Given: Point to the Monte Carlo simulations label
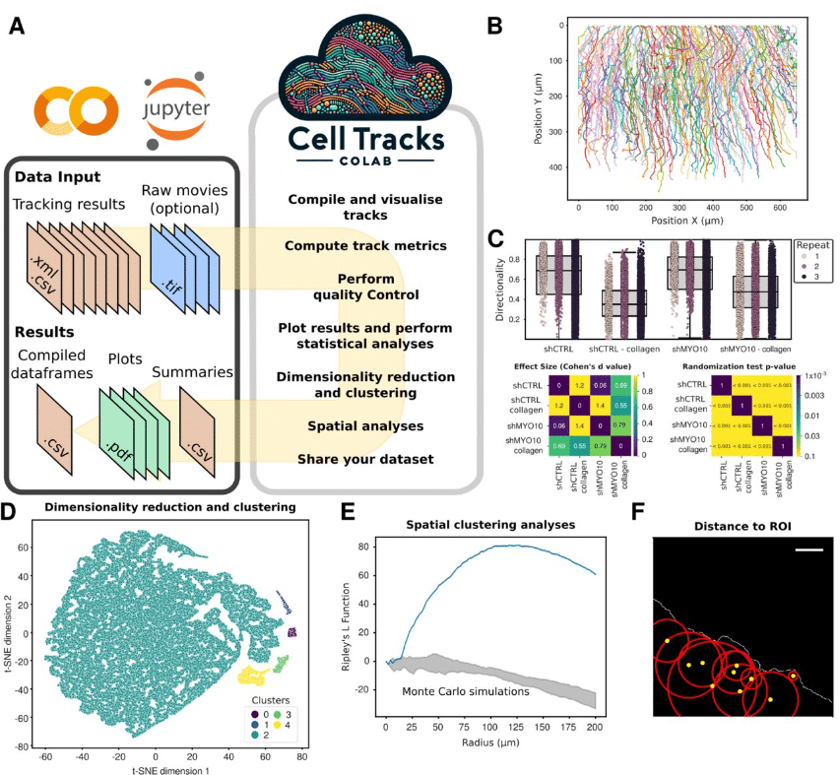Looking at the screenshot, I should point(466,690).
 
